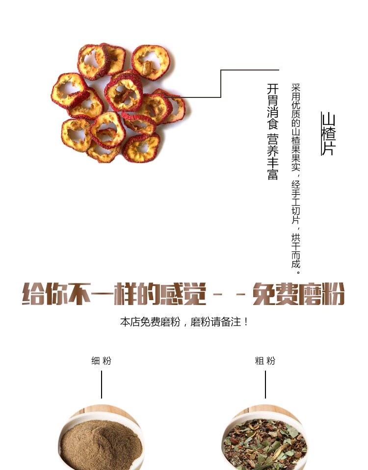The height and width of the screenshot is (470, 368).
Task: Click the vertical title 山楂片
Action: [x=329, y=134]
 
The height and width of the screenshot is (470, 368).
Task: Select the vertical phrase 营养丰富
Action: [x=273, y=157]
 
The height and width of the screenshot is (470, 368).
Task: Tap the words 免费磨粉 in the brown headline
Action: [x=298, y=294]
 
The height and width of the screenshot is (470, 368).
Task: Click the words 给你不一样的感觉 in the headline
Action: [x=114, y=294]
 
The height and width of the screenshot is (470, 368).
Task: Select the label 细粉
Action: [x=101, y=361]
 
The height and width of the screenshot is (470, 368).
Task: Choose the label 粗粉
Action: [x=265, y=361]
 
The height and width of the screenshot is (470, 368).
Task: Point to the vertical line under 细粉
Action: [x=102, y=385]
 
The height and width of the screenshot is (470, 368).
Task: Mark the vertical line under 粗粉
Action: [x=265, y=385]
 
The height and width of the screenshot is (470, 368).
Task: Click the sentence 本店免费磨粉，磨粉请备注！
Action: [x=184, y=322]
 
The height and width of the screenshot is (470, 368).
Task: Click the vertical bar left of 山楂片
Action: [x=321, y=134]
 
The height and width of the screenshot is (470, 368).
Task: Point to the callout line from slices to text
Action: [x=221, y=84]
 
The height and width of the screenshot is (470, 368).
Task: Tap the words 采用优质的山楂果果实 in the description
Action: [x=296, y=127]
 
